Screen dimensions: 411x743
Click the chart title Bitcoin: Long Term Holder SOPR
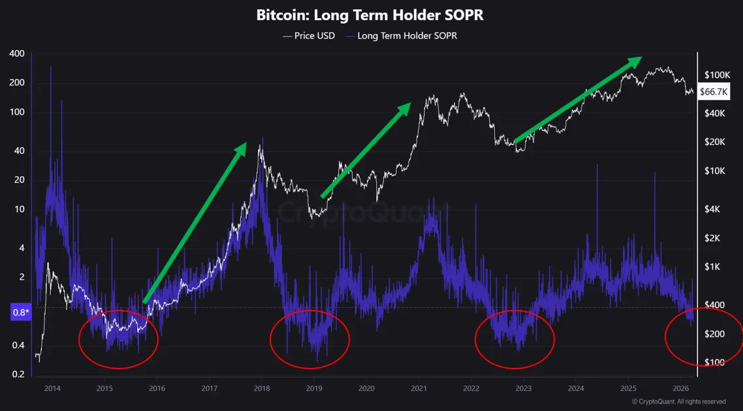point(371,15)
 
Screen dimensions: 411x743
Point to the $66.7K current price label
point(713,92)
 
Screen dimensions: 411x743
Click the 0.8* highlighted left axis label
point(21,312)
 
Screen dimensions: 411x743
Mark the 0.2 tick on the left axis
point(18,374)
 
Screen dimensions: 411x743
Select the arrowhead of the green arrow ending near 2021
point(405,108)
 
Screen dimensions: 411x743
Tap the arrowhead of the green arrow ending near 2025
point(635,61)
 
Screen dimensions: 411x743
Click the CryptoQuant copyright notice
point(678,402)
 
